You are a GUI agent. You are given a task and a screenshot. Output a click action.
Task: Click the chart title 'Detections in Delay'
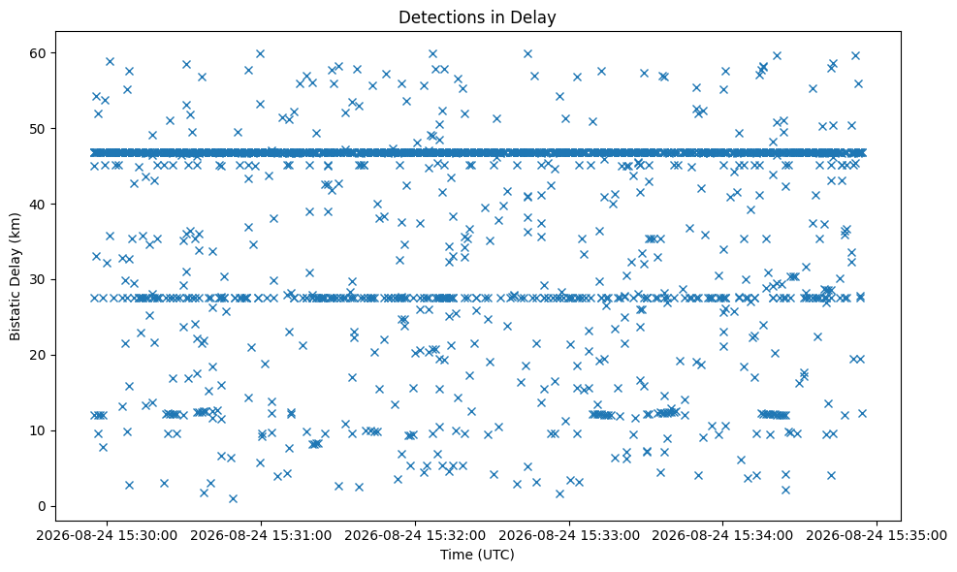(477, 17)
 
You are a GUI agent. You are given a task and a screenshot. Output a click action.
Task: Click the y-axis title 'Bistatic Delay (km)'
(15, 276)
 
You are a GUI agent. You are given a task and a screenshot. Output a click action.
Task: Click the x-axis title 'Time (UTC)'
(477, 555)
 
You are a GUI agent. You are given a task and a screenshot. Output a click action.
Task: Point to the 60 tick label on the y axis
(38, 53)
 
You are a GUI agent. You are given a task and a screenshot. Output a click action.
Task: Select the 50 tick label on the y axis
(38, 129)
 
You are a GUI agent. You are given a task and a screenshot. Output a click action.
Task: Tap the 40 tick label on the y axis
(38, 204)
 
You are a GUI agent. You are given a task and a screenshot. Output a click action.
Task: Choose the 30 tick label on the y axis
(38, 279)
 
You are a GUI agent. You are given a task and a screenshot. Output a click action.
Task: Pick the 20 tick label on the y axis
(38, 355)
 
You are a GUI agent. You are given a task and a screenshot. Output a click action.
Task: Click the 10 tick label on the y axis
(38, 430)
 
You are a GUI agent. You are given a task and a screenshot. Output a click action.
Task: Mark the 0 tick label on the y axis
(43, 506)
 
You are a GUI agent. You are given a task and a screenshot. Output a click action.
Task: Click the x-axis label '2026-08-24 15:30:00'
(107, 536)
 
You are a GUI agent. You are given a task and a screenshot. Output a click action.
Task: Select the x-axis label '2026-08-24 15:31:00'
(261, 536)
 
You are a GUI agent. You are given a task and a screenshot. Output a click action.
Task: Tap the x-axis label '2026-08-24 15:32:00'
(415, 536)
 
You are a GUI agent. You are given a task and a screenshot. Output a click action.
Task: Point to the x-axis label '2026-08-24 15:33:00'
(569, 536)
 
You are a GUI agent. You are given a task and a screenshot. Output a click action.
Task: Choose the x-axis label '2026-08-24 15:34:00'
(723, 536)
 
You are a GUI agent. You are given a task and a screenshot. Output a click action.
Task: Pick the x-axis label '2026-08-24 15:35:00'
(877, 536)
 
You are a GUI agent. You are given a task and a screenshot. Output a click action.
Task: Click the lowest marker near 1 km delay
(233, 498)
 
